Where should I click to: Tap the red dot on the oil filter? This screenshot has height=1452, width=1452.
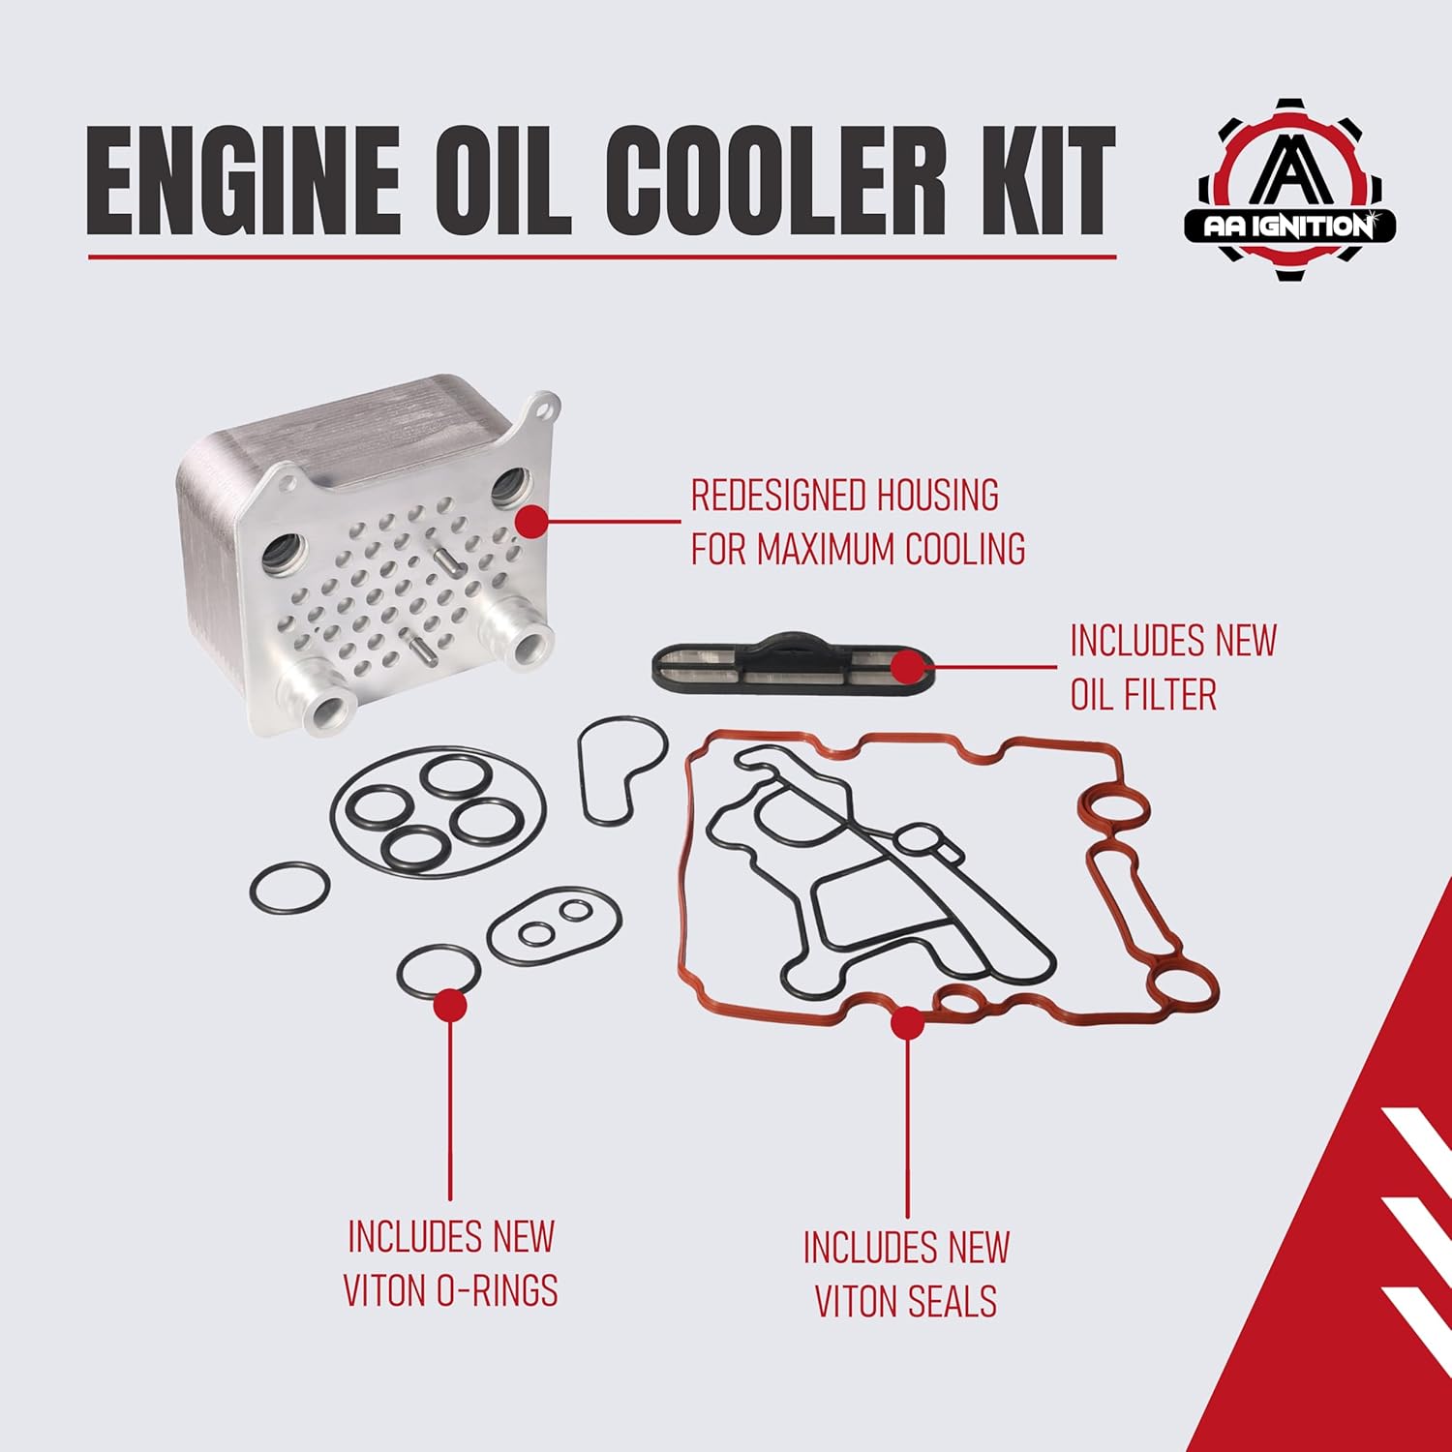click(907, 667)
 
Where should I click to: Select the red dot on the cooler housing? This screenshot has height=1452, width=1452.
click(531, 521)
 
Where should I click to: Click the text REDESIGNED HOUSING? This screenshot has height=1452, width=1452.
click(844, 496)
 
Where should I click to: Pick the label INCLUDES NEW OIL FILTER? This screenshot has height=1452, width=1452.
click(1171, 667)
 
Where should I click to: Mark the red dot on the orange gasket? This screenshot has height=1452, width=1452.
click(907, 1023)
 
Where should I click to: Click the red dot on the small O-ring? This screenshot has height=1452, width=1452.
click(450, 1005)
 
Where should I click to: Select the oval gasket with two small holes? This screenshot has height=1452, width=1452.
click(554, 924)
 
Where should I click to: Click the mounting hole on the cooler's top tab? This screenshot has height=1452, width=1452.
click(546, 408)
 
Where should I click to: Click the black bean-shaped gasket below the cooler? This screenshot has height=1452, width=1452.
click(620, 770)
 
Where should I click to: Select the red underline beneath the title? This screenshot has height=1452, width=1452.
click(601, 257)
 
